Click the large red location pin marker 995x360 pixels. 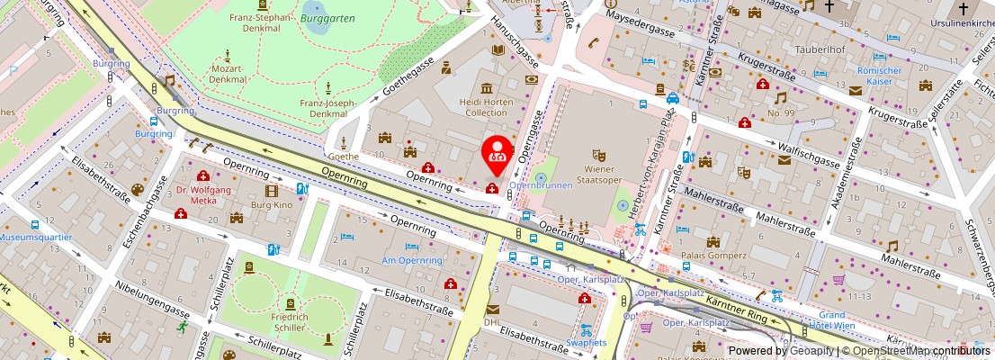[496, 153]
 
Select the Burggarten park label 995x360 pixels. [327, 17]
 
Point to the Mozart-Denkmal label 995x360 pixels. [228, 74]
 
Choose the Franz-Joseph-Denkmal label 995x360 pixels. [329, 109]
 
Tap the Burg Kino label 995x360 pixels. [272, 205]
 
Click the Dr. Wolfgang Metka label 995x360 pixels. [204, 195]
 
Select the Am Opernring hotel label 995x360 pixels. [412, 260]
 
